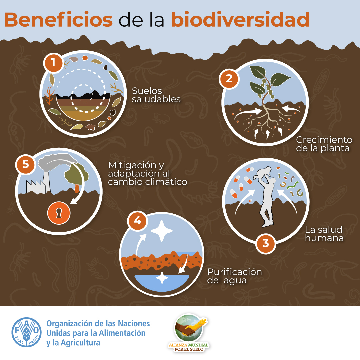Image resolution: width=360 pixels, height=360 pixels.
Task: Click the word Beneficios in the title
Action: pos(58,20)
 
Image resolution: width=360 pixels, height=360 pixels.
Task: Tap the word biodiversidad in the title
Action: pos(240,20)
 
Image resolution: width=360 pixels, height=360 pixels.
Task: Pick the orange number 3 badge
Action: pos(266,243)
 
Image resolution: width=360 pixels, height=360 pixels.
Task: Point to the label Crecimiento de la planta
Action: pos(324,144)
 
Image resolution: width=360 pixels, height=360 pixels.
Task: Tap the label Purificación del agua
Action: pos(234,276)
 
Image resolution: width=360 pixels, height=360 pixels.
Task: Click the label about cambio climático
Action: pos(147,174)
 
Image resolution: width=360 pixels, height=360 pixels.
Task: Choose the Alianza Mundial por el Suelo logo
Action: pos(189,333)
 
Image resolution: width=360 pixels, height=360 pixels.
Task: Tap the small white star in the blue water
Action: pos(162,278)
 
